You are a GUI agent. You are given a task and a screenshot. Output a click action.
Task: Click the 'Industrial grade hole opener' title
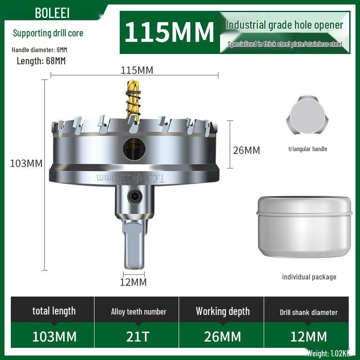pos(284,25)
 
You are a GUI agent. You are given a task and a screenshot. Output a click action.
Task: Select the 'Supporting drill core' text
pos(48,33)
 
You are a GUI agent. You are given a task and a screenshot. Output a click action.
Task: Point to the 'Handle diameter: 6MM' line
pos(40,49)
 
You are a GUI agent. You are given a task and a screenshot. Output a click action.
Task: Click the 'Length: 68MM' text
pos(41,61)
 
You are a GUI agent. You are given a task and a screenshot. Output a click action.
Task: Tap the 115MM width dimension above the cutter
pos(137,70)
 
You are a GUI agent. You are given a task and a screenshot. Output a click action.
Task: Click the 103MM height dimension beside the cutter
pos(26,163)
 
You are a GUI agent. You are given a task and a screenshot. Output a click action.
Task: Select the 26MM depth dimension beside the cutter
pos(246,150)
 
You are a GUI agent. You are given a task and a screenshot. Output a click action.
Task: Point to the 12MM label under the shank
pos(134,282)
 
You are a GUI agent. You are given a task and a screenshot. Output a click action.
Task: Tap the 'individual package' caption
pos(309,277)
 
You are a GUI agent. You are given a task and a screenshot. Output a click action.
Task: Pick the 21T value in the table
pos(139,337)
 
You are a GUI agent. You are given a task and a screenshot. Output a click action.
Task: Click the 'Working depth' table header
pos(222,311)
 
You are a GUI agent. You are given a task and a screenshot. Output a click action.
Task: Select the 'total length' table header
pos(54,311)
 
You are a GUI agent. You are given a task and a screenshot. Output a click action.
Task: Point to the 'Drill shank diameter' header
pos(308,312)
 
